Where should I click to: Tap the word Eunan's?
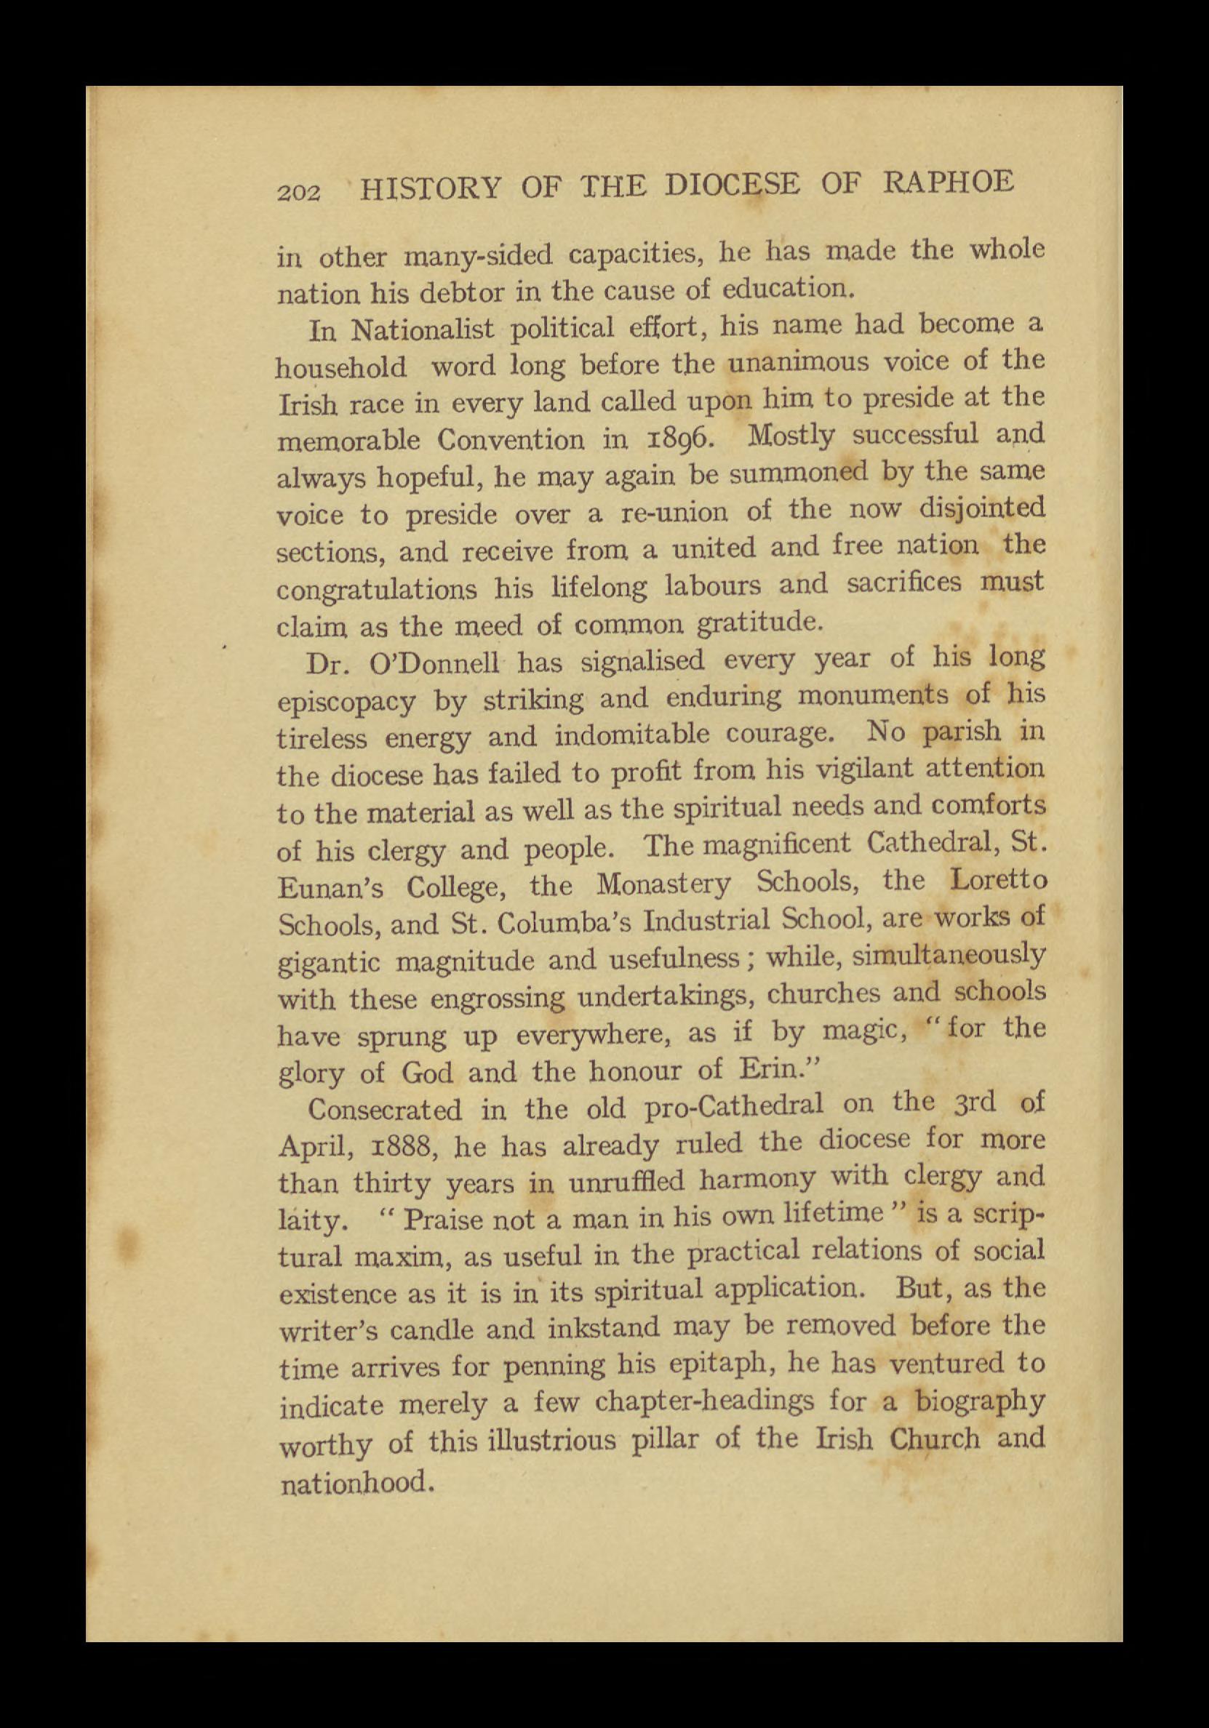point(331,889)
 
